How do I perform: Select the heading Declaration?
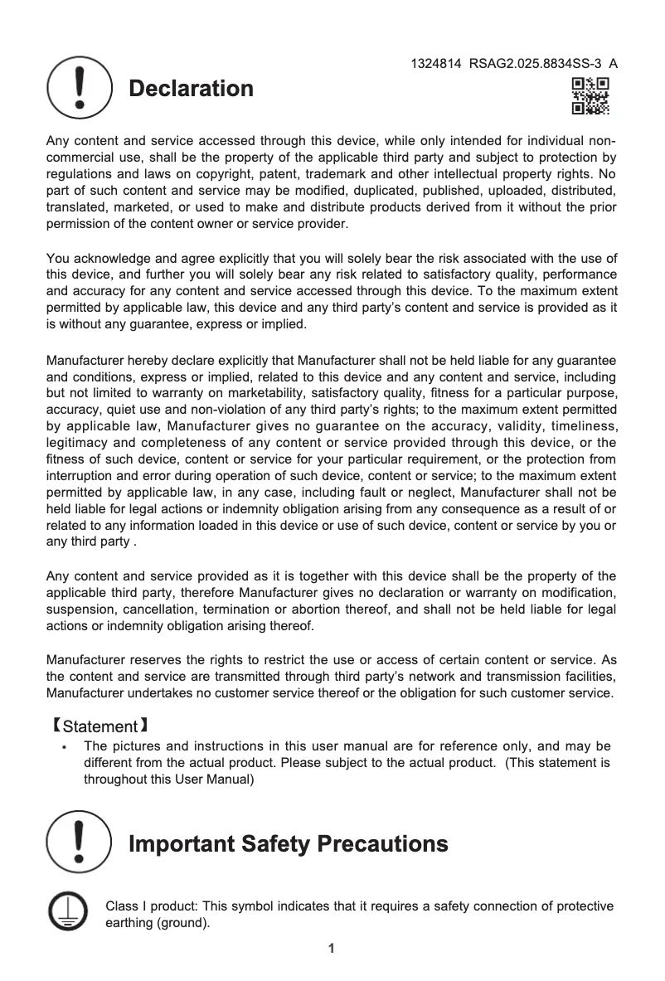coord(190,89)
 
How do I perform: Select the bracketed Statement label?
coord(100,727)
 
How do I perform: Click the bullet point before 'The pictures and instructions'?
coord(65,746)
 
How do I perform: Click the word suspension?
coord(80,609)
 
